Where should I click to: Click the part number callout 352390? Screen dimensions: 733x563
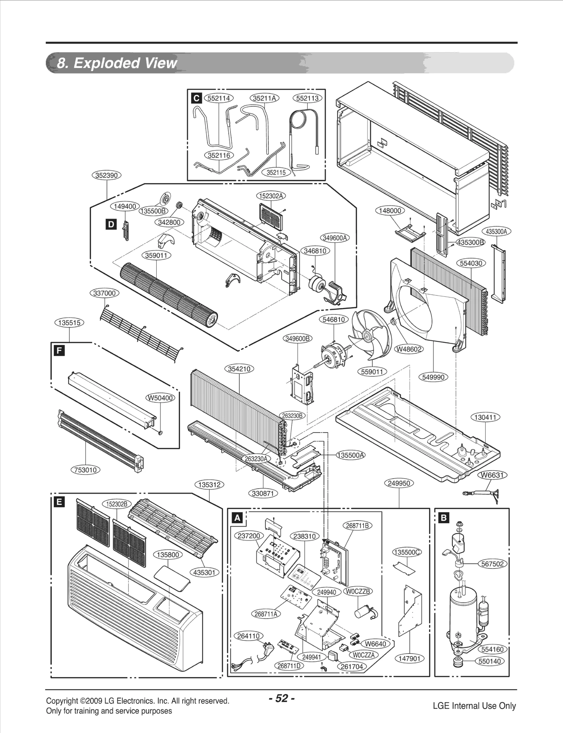click(x=106, y=175)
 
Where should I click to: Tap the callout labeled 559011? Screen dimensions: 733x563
click(x=372, y=372)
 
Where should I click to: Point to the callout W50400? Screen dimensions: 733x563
click(x=160, y=398)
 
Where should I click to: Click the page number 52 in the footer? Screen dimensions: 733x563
click(x=281, y=698)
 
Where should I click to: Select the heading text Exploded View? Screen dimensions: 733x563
click(x=117, y=63)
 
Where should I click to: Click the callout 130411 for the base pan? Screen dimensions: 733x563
click(x=485, y=418)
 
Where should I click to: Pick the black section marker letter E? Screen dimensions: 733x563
click(x=59, y=502)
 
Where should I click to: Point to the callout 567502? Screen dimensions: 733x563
click(x=492, y=564)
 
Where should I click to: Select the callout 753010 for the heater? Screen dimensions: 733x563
click(x=86, y=470)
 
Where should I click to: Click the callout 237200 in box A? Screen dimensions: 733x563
click(x=249, y=536)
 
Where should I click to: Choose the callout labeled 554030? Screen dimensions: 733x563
click(x=471, y=263)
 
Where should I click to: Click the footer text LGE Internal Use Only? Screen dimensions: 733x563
click(x=474, y=706)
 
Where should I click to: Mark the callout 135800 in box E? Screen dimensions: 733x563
click(x=168, y=555)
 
